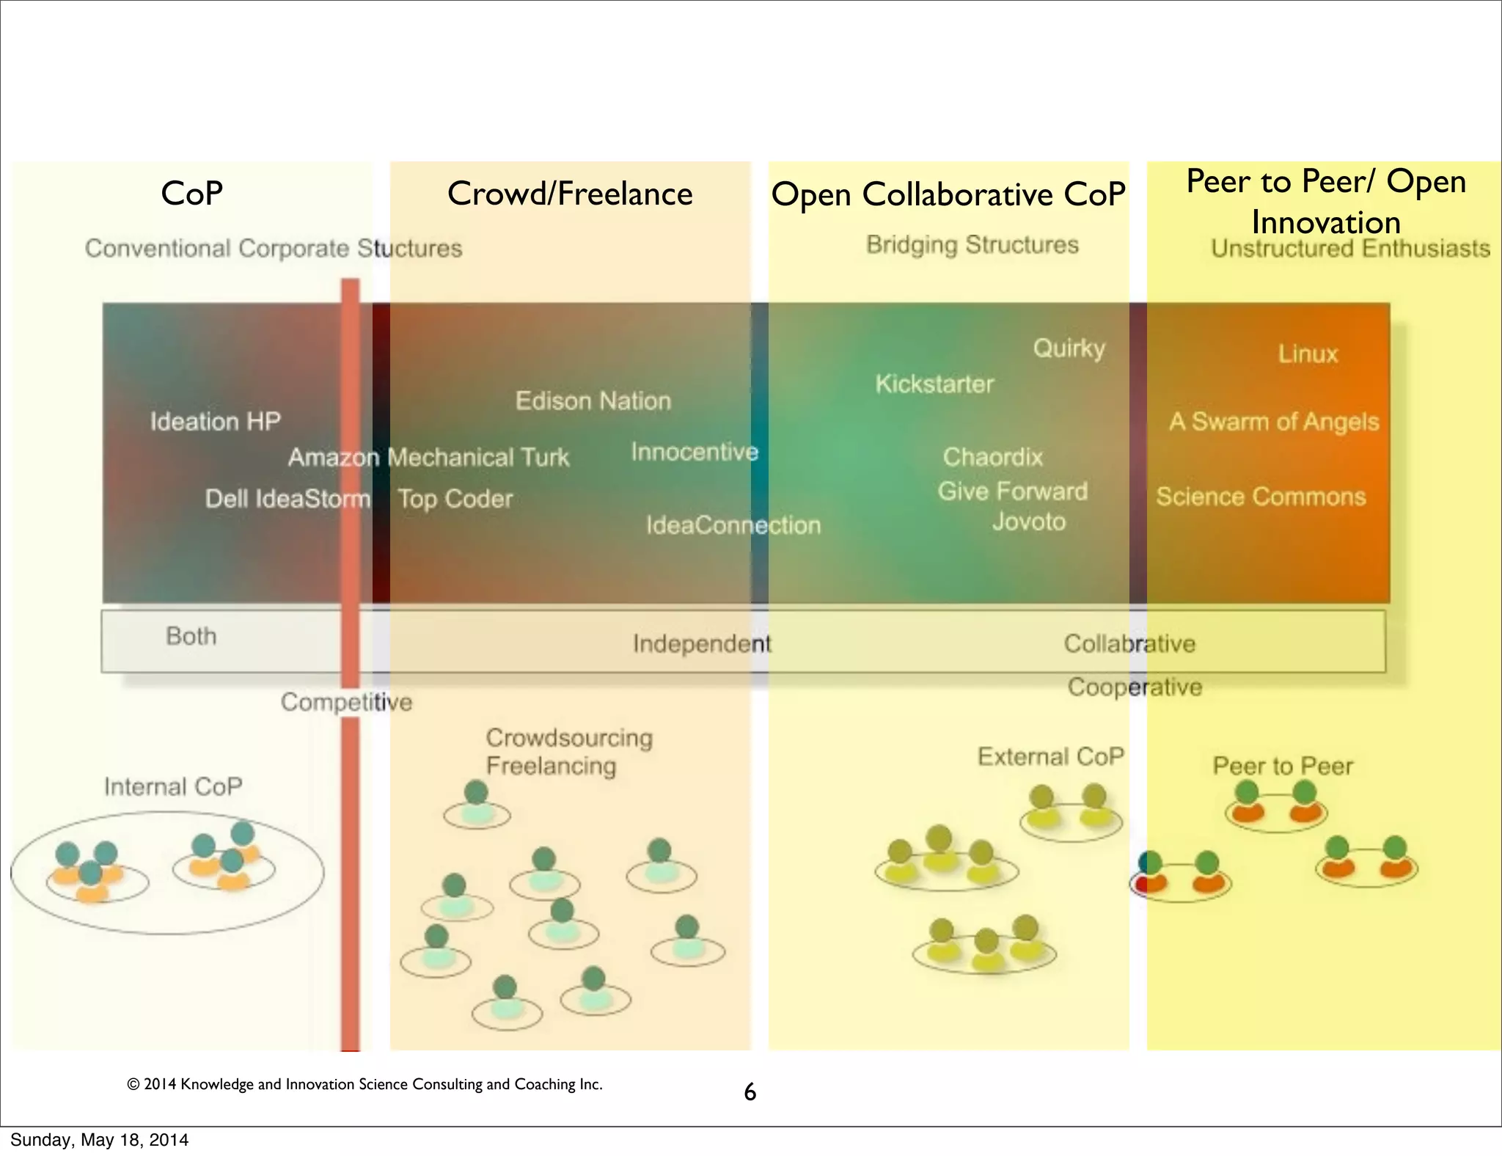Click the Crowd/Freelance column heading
(570, 194)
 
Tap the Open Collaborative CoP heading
(948, 195)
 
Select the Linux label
(1308, 354)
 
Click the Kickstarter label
(934, 384)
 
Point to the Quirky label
(1069, 348)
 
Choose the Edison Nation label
(593, 400)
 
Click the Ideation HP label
(215, 421)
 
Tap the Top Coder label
(455, 499)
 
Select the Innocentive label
(694, 452)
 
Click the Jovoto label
(1028, 522)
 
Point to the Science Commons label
(1261, 497)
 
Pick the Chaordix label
(992, 457)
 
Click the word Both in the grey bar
(191, 636)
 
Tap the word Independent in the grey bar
(701, 643)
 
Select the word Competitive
(346, 702)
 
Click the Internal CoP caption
(173, 786)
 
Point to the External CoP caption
(1050, 756)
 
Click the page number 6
(750, 1092)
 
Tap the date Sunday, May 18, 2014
(99, 1140)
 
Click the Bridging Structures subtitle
(972, 244)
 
